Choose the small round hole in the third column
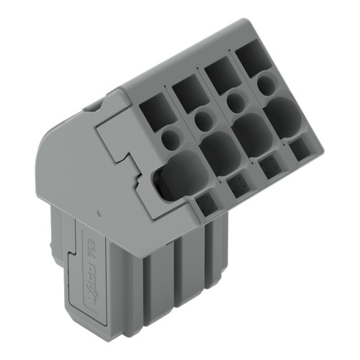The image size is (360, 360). [234, 101]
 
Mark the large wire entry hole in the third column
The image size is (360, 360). [252, 132]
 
